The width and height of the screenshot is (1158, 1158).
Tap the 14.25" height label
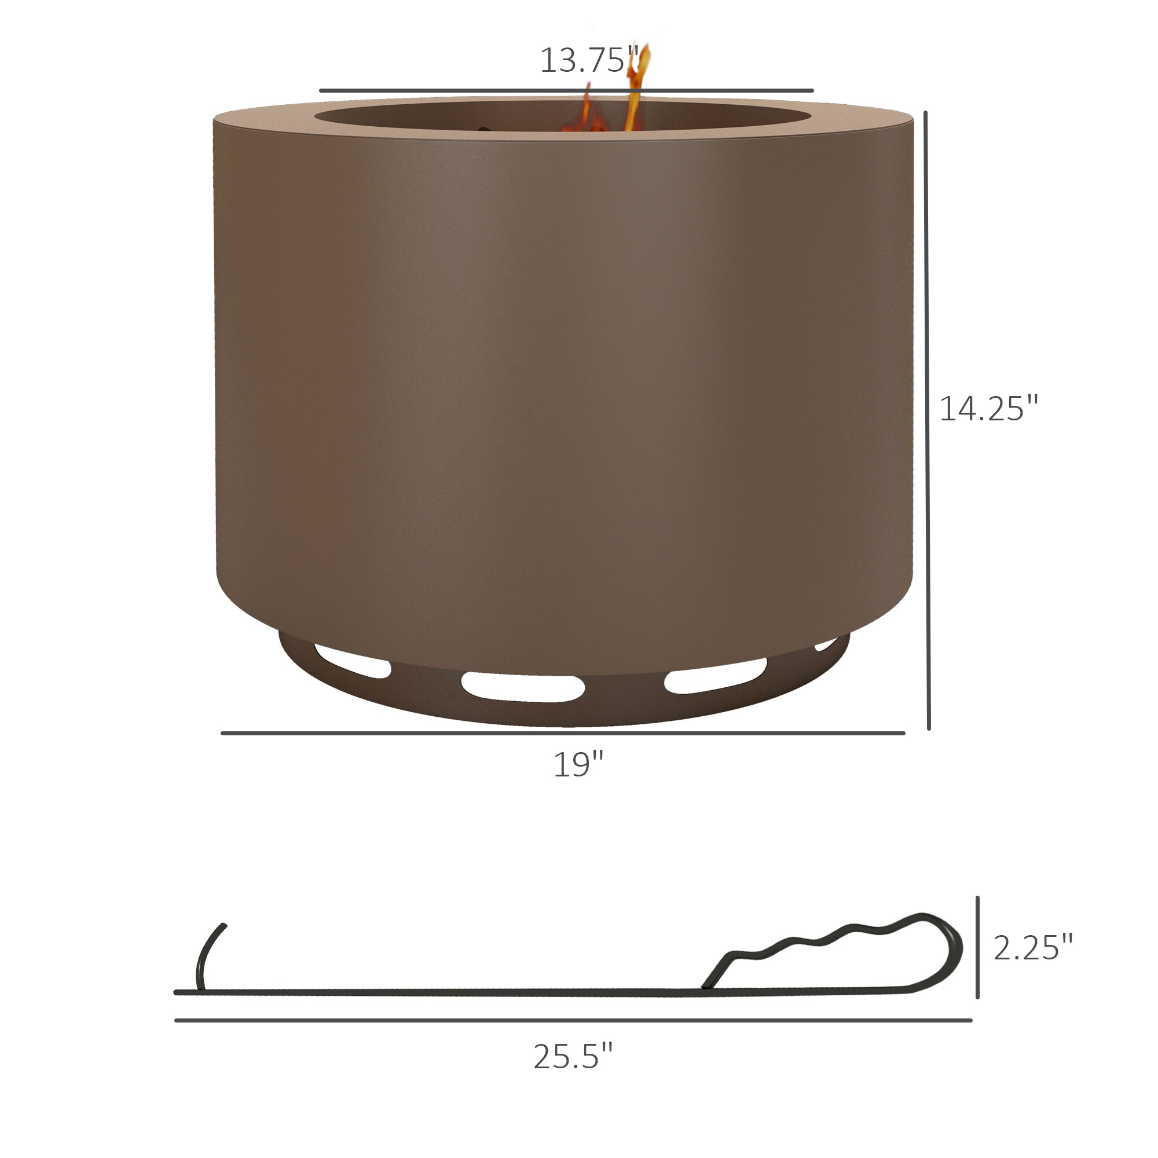click(x=988, y=409)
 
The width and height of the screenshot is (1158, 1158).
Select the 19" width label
click(x=578, y=765)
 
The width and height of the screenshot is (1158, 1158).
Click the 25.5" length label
click(x=573, y=1056)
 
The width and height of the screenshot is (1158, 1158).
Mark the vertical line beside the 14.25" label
click(x=927, y=420)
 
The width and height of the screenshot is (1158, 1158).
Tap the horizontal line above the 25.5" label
click(x=573, y=1020)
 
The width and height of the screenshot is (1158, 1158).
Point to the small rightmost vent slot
click(x=826, y=645)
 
